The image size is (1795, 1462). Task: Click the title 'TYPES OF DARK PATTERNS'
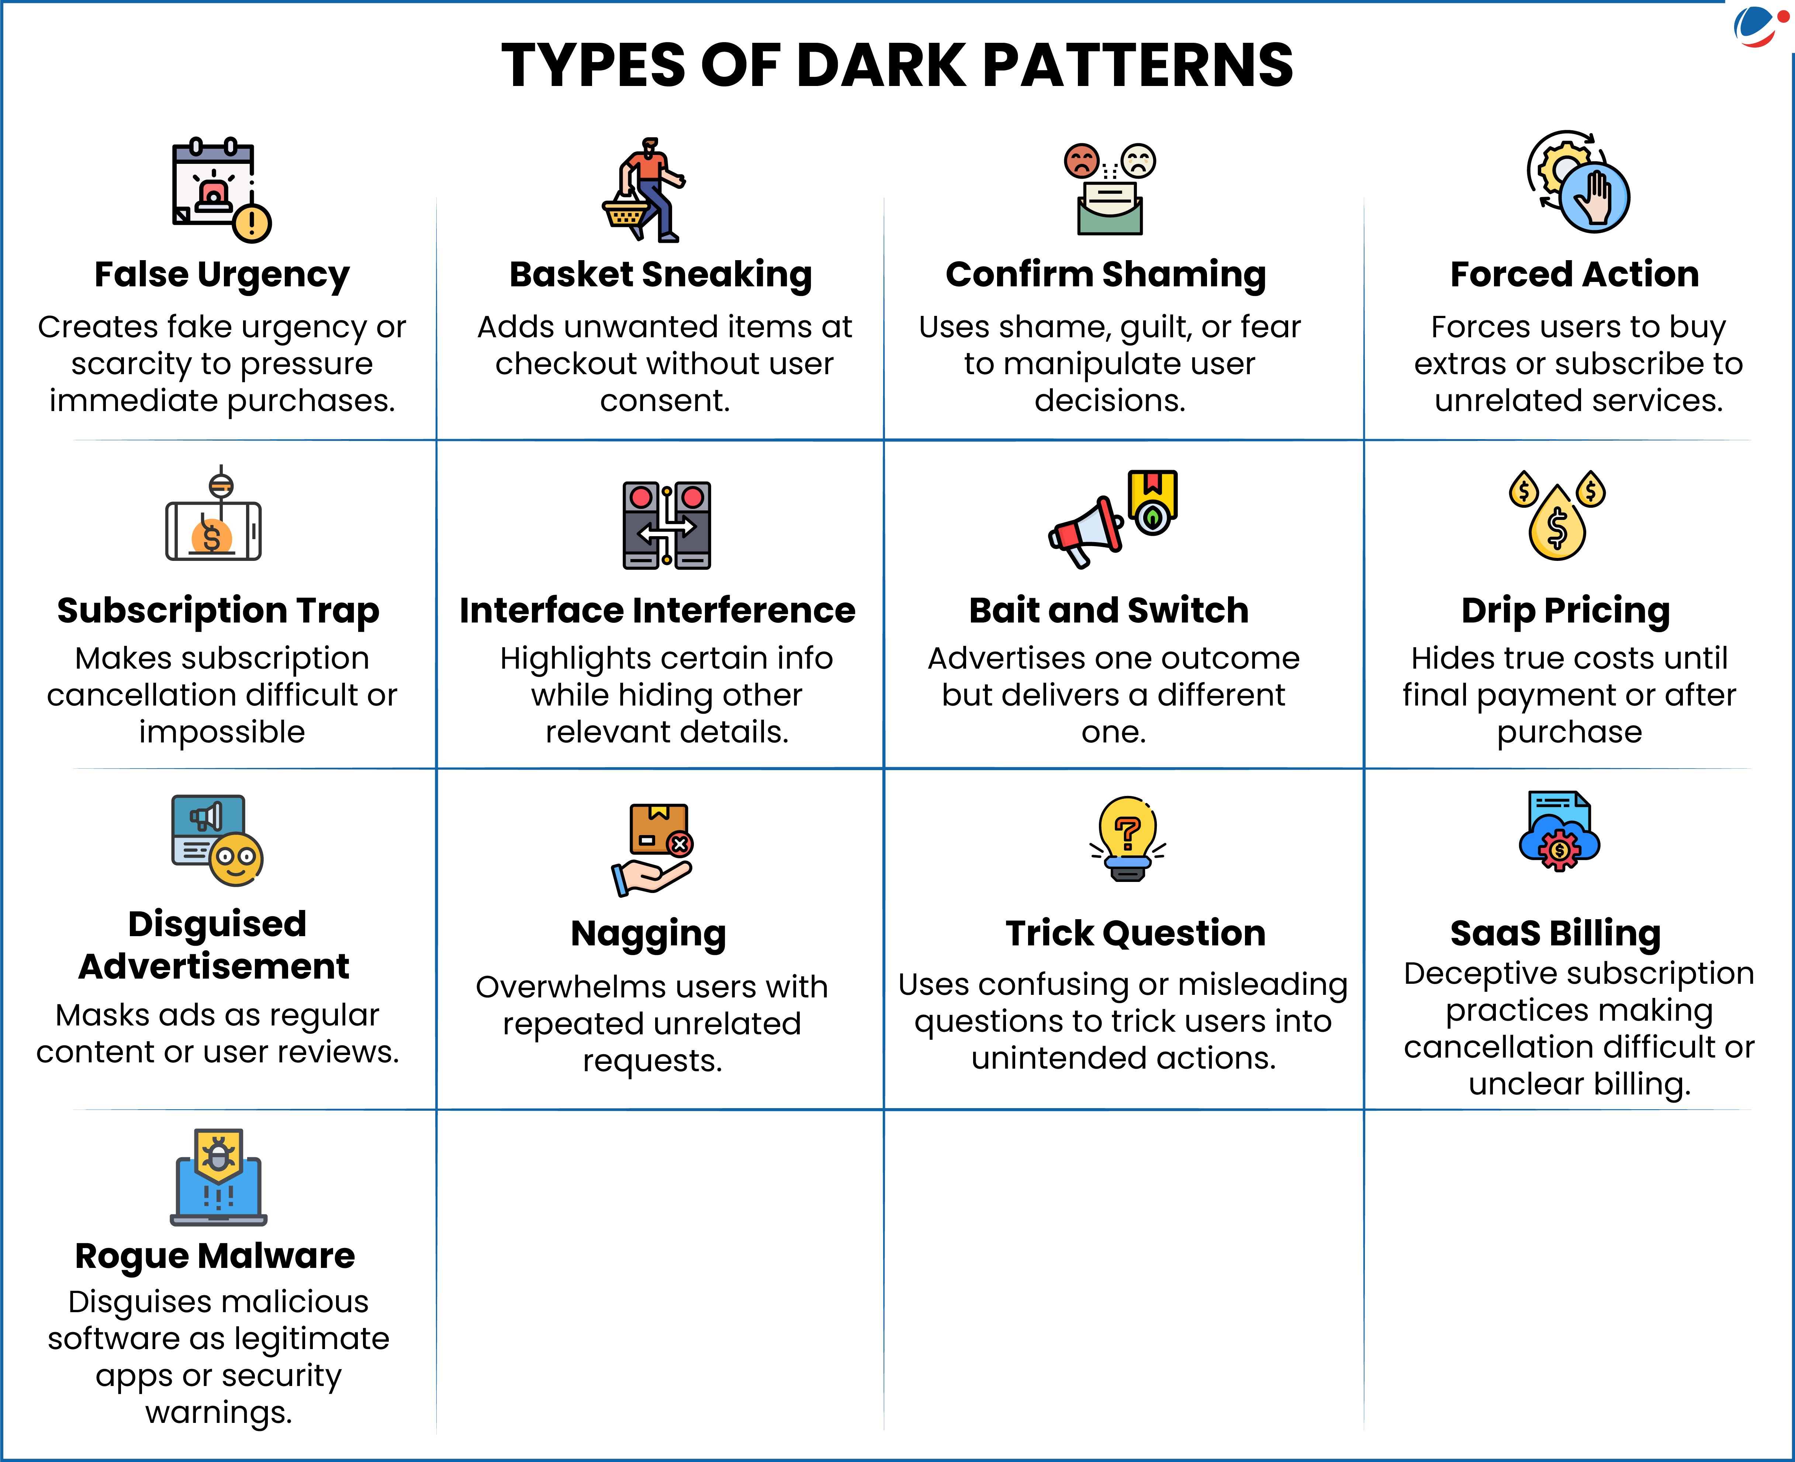897,66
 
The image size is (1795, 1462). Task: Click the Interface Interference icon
667,525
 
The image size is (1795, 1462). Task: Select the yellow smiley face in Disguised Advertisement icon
236,859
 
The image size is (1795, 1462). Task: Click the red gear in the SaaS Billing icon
1559,851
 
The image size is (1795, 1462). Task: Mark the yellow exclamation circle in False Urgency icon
252,223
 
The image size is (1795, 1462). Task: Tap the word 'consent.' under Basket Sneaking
664,401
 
